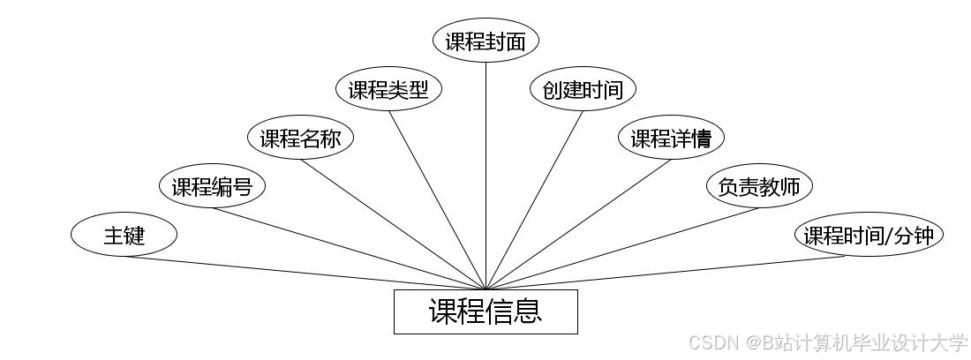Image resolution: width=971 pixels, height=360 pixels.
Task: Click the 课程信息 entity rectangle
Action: pos(485,311)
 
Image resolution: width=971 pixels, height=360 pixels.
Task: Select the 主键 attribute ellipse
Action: pos(124,236)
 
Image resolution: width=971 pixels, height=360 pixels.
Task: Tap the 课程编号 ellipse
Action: pos(212,186)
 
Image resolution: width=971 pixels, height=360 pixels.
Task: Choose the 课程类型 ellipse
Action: pos(388,90)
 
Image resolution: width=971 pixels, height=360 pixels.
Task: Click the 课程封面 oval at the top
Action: pos(485,41)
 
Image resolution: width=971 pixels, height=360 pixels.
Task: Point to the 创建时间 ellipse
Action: pos(583,90)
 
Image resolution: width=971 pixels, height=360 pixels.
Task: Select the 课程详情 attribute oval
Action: pos(672,139)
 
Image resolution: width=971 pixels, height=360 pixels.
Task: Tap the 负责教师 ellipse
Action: pos(759,186)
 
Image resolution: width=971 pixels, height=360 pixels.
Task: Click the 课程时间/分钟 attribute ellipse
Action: pos(869,236)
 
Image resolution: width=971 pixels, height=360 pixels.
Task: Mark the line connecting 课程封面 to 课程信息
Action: pos(485,176)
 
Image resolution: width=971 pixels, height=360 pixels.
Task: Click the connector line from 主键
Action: pos(305,273)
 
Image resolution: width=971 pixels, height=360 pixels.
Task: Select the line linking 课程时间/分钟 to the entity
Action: pos(666,273)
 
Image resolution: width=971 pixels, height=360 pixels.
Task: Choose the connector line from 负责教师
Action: pos(622,248)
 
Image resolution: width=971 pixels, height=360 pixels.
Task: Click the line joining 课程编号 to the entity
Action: pos(349,248)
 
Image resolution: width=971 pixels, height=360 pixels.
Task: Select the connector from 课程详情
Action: pos(578,224)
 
